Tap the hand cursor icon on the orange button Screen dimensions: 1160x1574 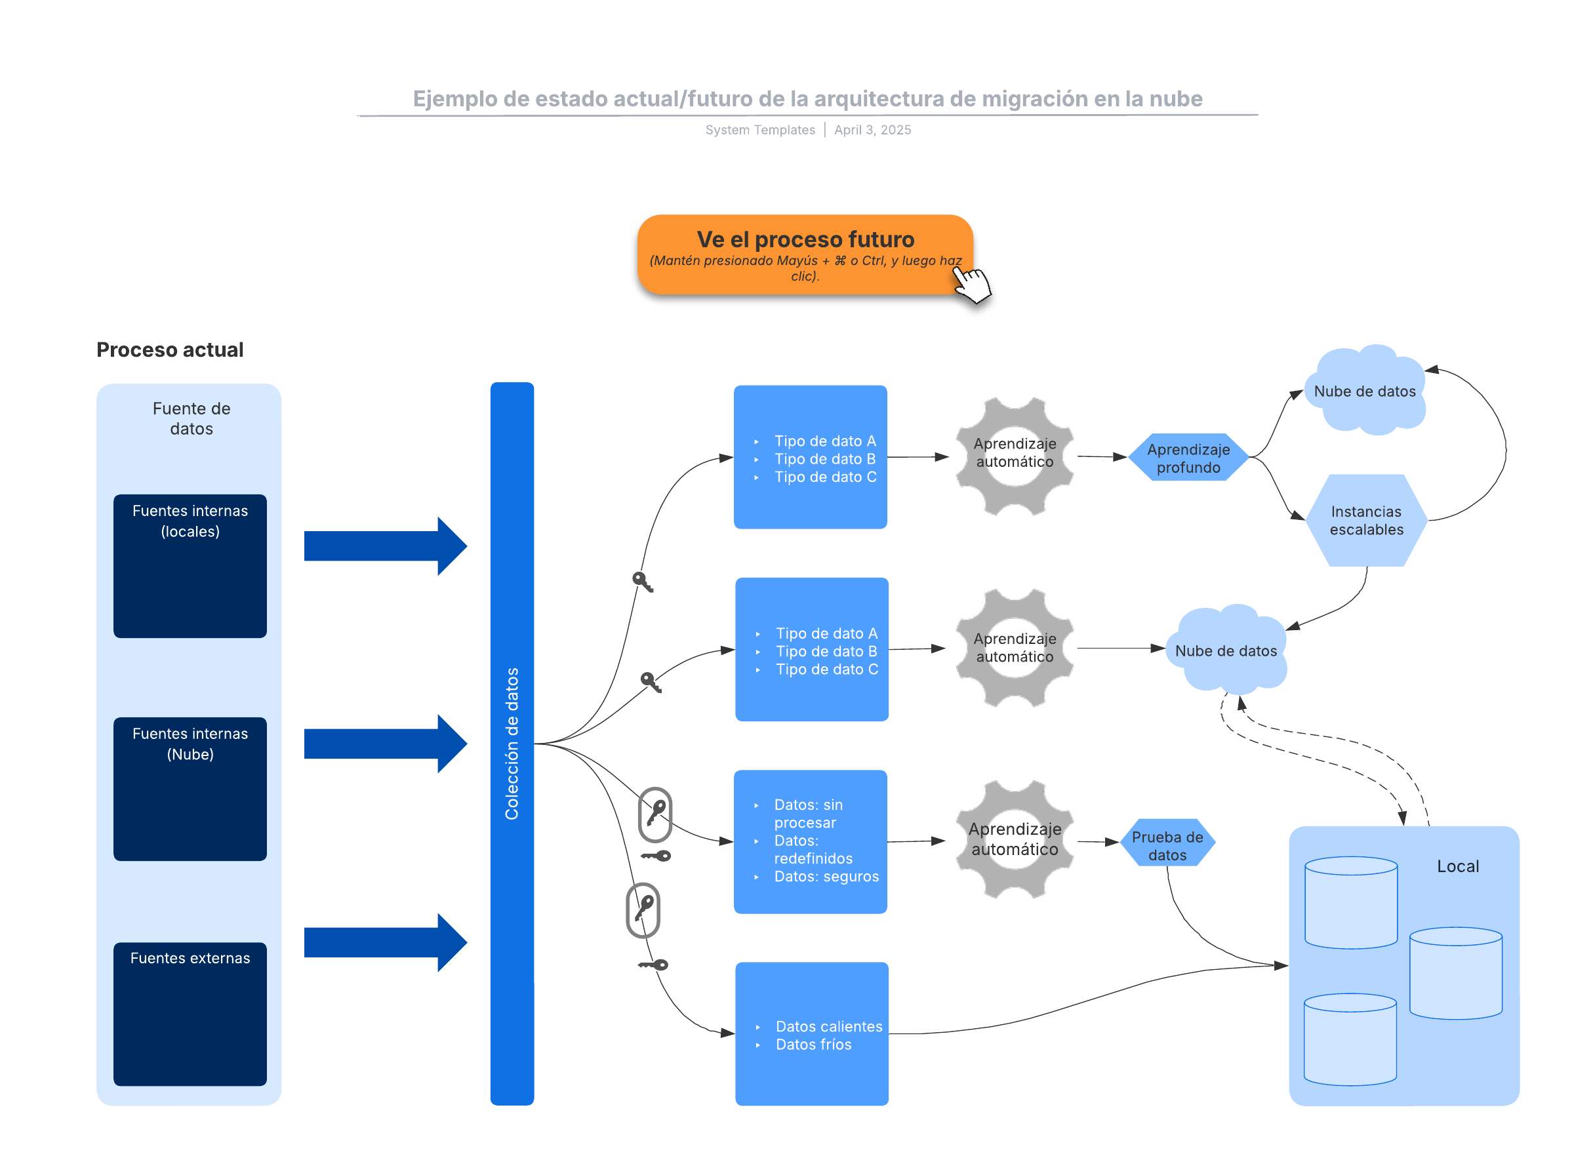pyautogui.click(x=972, y=285)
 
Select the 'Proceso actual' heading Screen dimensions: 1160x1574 pyautogui.click(x=170, y=350)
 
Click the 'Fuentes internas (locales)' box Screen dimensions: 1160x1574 pyautogui.click(x=190, y=566)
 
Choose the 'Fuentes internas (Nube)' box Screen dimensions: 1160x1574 pyautogui.click(x=190, y=789)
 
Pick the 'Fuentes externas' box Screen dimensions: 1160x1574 pyautogui.click(x=190, y=1013)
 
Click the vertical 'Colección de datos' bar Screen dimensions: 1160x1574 pyautogui.click(x=512, y=743)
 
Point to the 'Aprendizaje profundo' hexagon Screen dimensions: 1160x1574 pyautogui.click(x=1188, y=458)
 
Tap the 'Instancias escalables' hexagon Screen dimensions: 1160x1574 pyautogui.click(x=1365, y=520)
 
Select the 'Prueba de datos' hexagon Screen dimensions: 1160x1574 pyautogui.click(x=1167, y=845)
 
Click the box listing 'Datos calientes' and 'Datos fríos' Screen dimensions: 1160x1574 pyautogui.click(x=811, y=1033)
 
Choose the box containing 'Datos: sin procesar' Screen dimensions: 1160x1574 pyautogui.click(x=810, y=841)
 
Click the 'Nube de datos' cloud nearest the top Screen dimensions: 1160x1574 pyautogui.click(x=1364, y=391)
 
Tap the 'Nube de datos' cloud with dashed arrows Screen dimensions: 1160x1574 pyautogui.click(x=1226, y=650)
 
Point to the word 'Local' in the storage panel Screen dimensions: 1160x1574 pyautogui.click(x=1457, y=866)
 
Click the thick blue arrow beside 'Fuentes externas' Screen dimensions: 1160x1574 pyautogui.click(x=385, y=942)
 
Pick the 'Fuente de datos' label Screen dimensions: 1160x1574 pyautogui.click(x=191, y=418)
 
